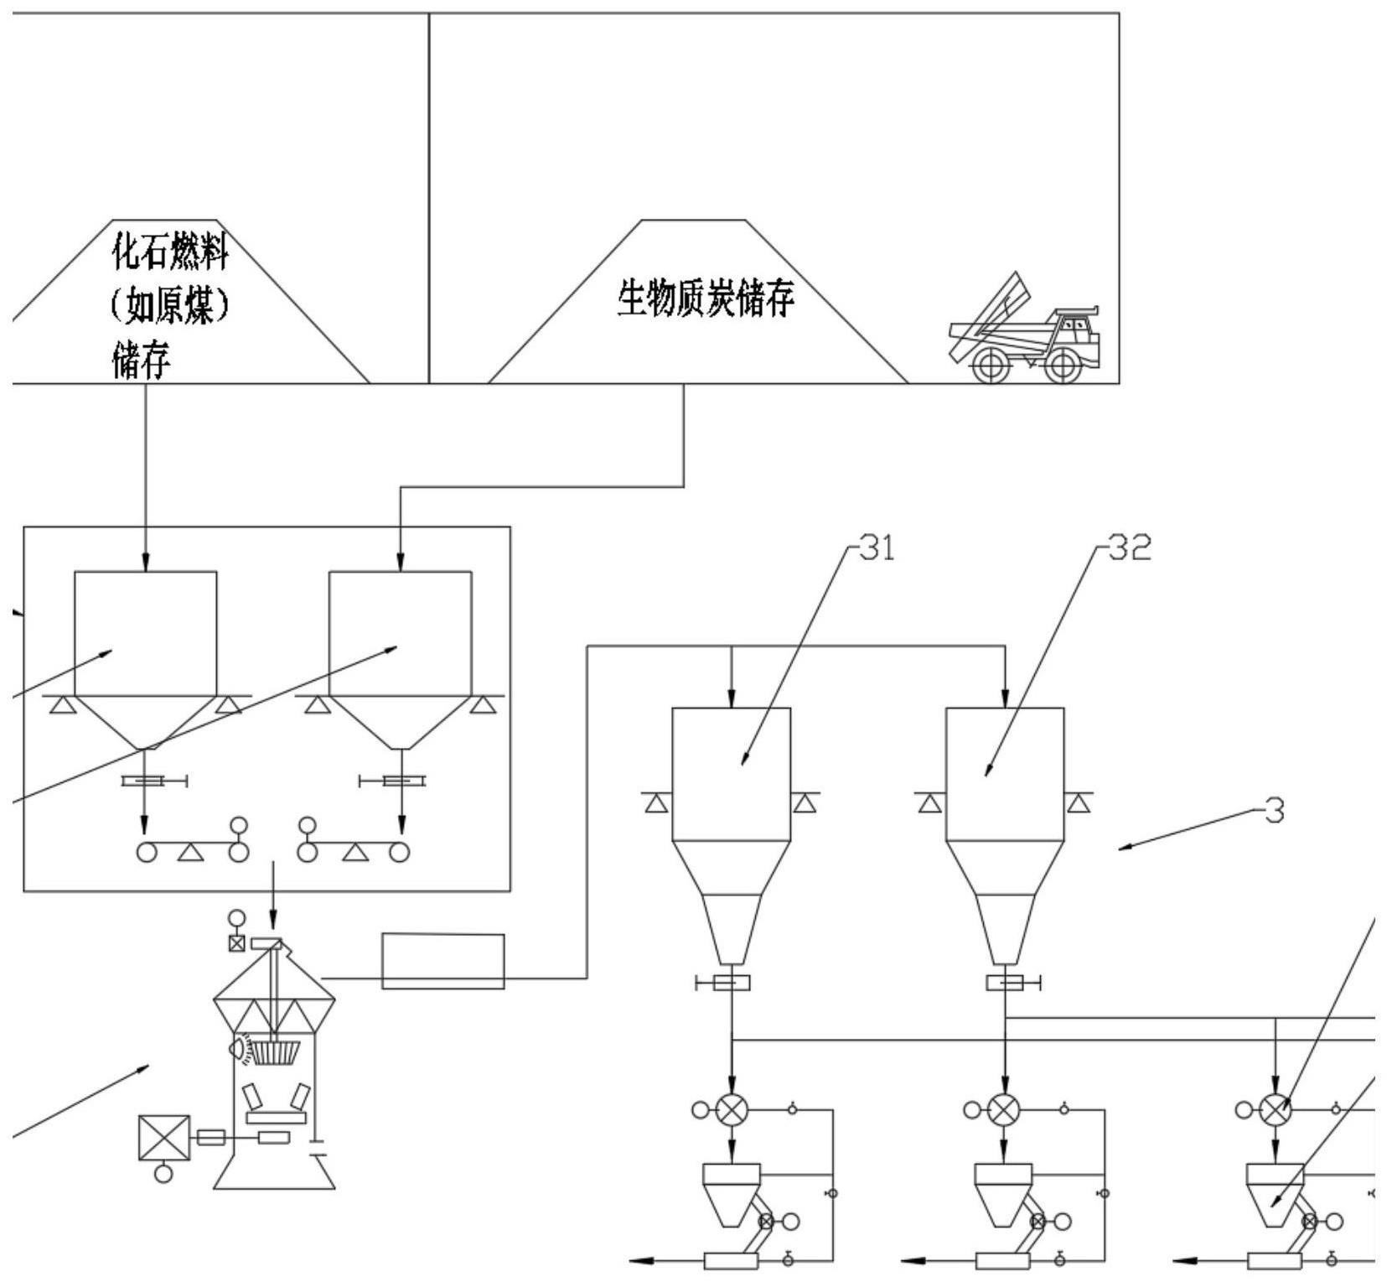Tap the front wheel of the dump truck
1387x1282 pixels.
coord(1063,365)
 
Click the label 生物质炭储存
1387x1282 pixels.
coord(705,298)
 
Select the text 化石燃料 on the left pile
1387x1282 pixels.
coord(170,251)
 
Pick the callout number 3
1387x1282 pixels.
coord(1274,811)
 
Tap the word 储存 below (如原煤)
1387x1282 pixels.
coord(142,361)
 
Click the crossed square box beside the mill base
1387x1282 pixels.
coord(164,1138)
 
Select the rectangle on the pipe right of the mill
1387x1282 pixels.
coord(442,961)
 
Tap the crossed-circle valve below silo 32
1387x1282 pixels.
coord(1004,1110)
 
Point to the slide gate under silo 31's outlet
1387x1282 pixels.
coord(731,983)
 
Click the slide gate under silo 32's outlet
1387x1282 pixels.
coord(1004,983)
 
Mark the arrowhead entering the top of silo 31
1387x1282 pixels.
coord(732,699)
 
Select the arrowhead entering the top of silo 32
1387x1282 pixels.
coord(1005,699)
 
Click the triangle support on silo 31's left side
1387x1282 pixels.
coord(657,803)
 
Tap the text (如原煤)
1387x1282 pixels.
coord(170,306)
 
